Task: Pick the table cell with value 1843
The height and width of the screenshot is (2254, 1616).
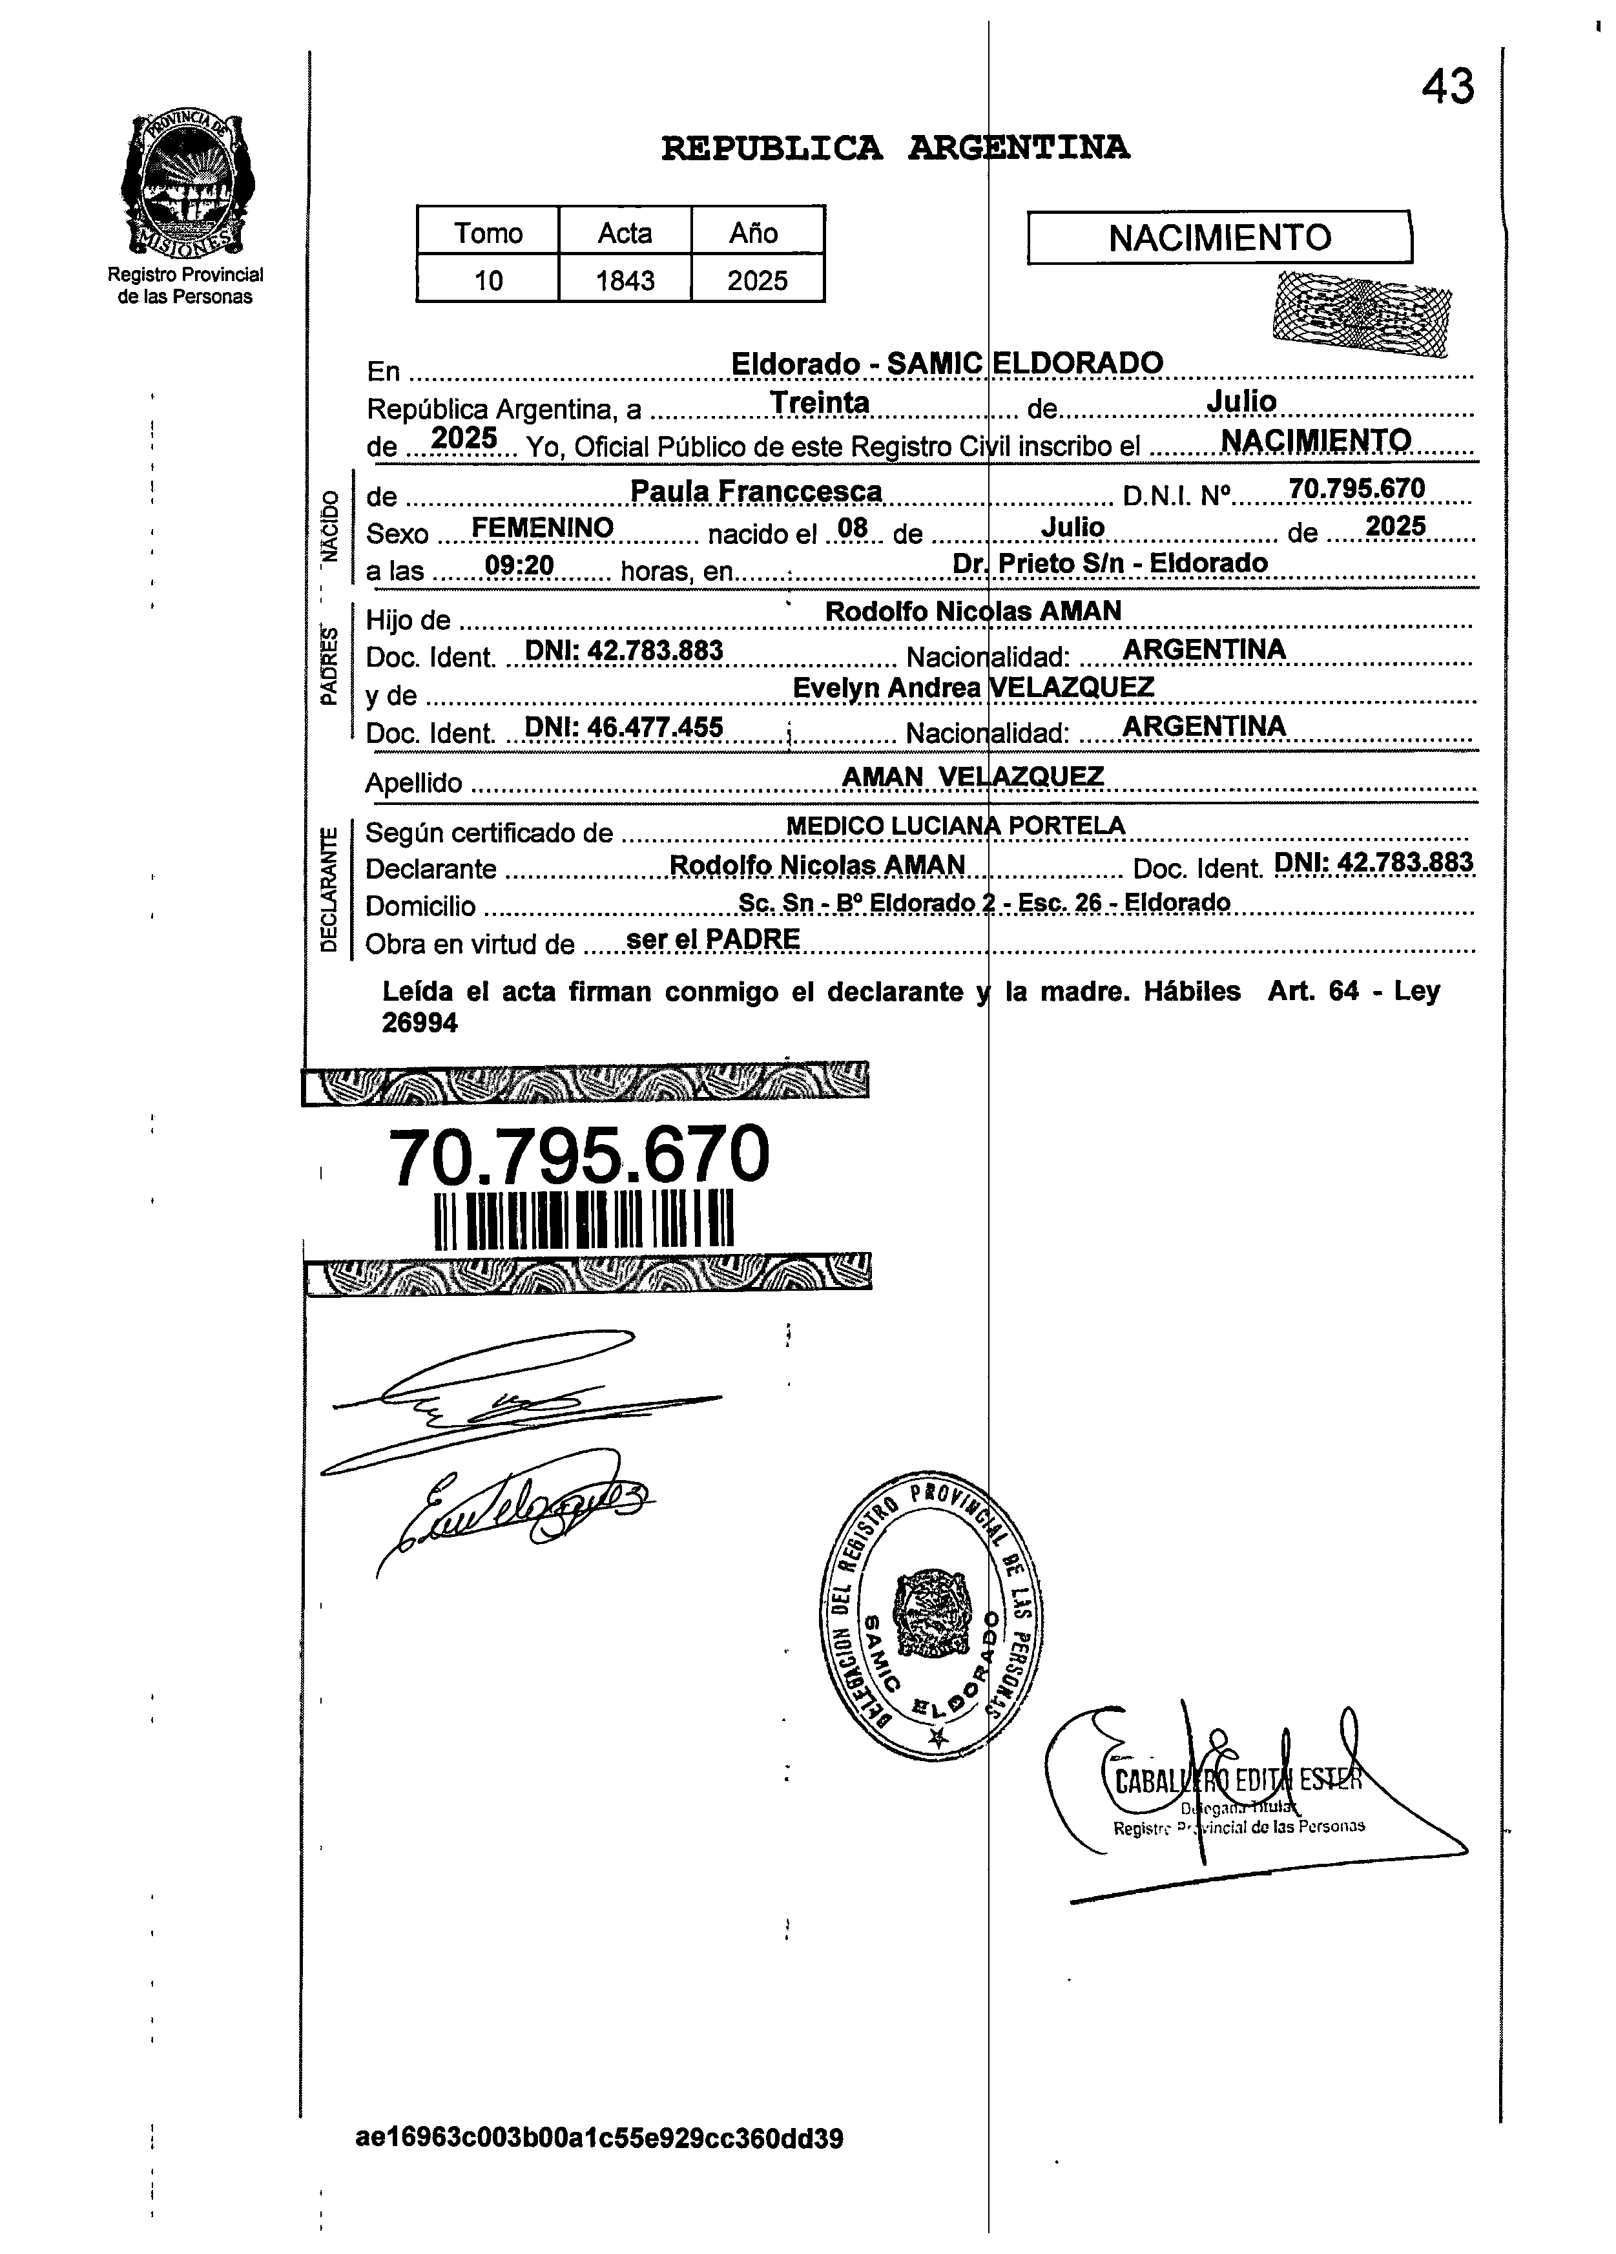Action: tap(624, 280)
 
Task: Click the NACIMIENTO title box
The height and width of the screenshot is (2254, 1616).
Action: tap(1219, 238)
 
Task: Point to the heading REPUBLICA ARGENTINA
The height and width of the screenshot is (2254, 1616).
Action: tap(895, 148)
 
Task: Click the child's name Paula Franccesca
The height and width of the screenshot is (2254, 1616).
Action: tap(756, 491)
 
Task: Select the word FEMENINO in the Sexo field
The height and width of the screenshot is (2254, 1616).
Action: tap(542, 528)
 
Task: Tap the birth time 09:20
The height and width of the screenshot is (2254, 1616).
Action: tap(519, 567)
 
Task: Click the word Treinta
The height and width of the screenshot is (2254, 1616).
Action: tap(820, 402)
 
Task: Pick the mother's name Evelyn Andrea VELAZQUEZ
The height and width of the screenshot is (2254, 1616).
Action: tap(973, 688)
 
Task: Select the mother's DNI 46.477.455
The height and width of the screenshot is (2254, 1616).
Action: tap(623, 727)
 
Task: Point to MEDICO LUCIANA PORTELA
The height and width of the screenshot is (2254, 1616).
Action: tap(955, 826)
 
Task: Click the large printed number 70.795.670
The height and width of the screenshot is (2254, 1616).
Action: tap(579, 1156)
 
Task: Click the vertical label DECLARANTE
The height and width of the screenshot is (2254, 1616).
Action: tap(329, 890)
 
